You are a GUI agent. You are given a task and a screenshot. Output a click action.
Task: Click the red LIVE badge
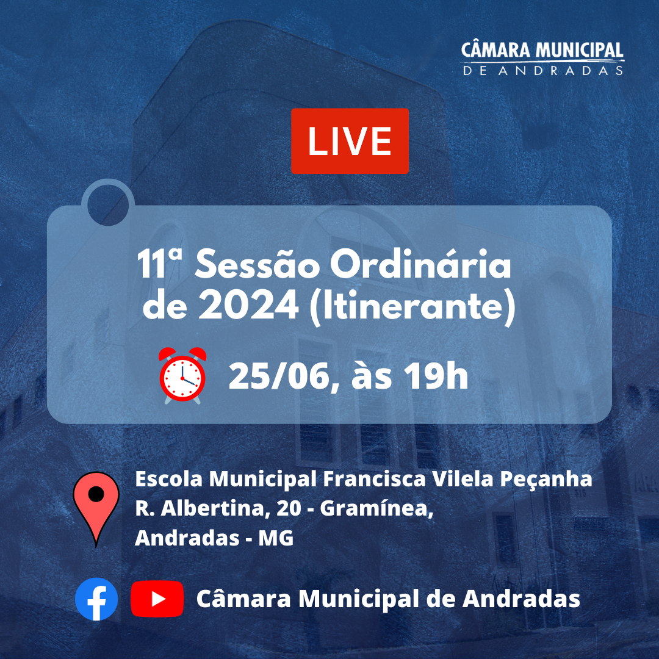(350, 141)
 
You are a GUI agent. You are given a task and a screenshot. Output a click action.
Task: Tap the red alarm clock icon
(182, 374)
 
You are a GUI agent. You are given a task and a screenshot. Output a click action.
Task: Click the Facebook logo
(96, 599)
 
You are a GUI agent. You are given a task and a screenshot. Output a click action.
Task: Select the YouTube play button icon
(157, 599)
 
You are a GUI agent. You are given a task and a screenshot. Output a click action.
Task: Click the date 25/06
(281, 377)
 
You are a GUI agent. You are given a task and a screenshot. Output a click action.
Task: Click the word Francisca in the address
(373, 480)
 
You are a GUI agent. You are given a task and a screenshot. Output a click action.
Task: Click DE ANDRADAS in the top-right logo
(543, 70)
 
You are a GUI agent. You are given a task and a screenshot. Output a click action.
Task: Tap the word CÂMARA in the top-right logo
(495, 50)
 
